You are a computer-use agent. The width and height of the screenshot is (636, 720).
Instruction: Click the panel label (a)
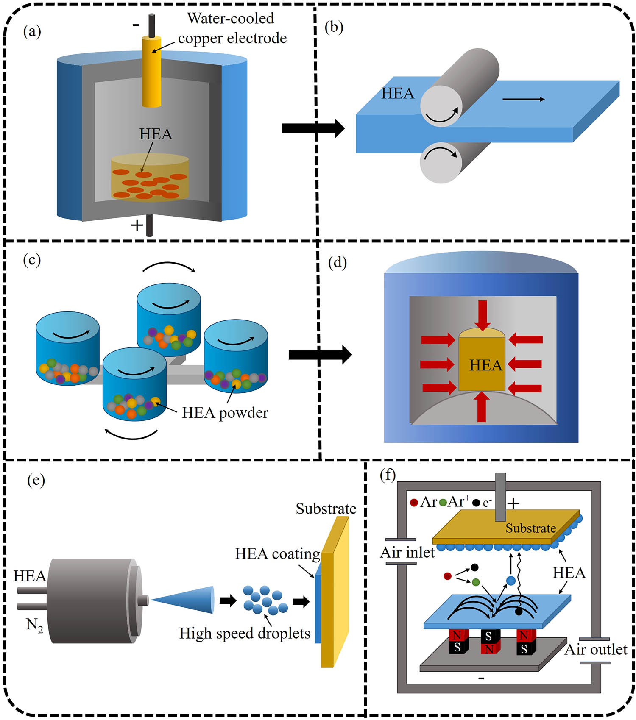(32, 31)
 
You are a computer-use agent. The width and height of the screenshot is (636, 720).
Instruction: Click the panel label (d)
(338, 263)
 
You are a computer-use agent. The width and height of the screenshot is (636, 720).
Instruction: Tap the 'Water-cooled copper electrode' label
(232, 28)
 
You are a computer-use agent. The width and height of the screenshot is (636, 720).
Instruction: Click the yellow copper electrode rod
(151, 72)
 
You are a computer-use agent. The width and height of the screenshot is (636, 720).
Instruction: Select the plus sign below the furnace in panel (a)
(137, 225)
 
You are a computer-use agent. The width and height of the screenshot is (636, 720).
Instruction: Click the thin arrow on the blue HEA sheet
(523, 100)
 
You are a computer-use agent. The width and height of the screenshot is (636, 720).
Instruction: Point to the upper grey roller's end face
(441, 106)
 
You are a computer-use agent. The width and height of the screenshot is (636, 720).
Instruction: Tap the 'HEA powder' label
(225, 413)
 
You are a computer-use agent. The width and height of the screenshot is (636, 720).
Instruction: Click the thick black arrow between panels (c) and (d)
(320, 355)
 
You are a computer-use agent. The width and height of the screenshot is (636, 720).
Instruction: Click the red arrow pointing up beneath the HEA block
(482, 407)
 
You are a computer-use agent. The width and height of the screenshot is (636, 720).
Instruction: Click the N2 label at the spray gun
(34, 625)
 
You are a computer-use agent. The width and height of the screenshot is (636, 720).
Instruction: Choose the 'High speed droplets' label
(245, 634)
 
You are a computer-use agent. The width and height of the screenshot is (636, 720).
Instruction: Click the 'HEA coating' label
(277, 554)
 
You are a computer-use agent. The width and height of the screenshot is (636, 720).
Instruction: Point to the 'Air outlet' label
(596, 650)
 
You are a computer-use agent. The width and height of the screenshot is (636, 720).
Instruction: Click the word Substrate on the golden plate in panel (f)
(530, 528)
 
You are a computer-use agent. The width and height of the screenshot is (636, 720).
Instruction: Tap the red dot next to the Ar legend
(414, 503)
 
